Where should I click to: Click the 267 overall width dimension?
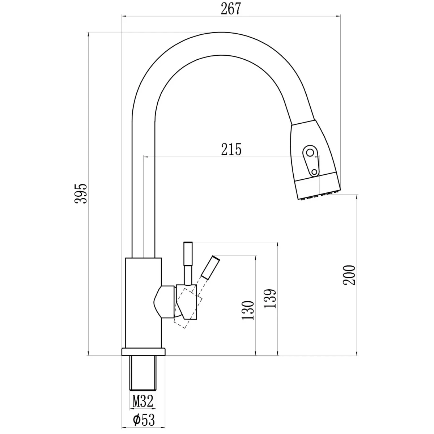point(231,9)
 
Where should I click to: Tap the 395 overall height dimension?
point(81,194)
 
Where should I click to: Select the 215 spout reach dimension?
point(231,149)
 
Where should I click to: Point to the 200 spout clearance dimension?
point(349,275)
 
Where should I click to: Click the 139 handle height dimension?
point(269,299)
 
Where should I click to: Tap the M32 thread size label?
point(143,401)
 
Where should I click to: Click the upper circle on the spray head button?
point(310,153)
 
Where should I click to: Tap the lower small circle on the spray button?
point(314,172)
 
